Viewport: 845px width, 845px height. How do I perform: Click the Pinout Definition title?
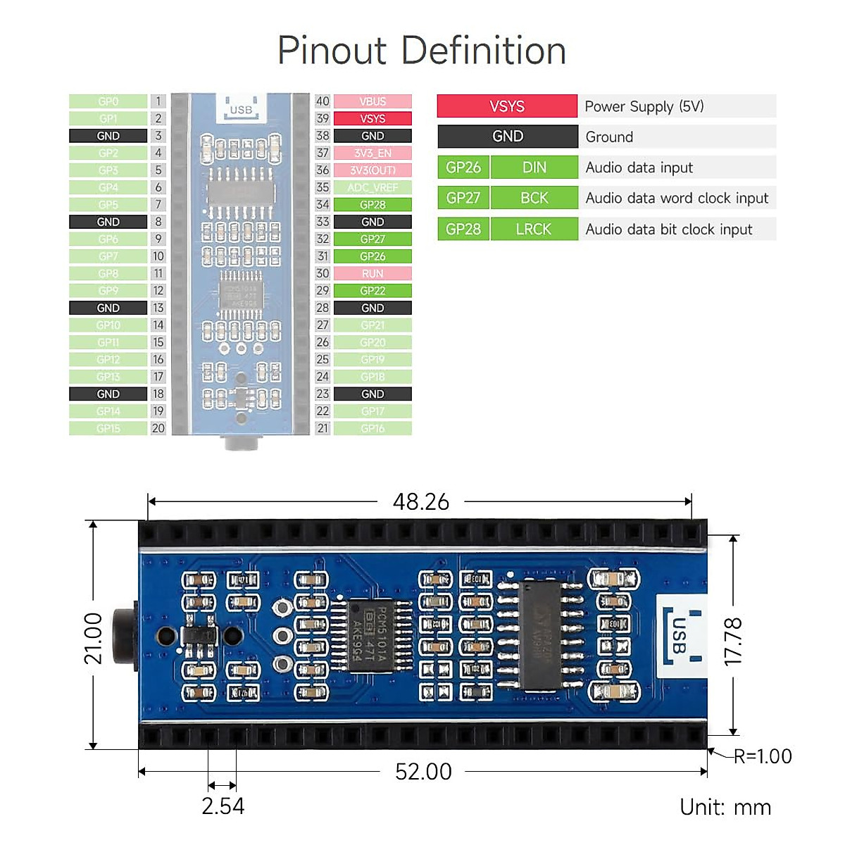(x=422, y=51)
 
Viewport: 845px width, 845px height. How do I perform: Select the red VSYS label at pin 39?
(x=373, y=118)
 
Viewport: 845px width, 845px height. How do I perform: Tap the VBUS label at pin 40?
(x=373, y=101)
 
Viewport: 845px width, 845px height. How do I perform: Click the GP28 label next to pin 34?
(x=373, y=205)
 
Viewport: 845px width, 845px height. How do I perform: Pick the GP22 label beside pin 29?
(x=373, y=291)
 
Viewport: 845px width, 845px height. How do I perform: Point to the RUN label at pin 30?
(x=373, y=273)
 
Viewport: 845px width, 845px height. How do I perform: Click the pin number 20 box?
(x=158, y=428)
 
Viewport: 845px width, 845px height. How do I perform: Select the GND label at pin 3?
(x=108, y=136)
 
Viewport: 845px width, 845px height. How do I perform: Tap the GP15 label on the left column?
(x=108, y=428)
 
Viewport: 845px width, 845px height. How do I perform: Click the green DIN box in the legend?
(x=534, y=168)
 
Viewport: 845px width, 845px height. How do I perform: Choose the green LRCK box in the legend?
(x=534, y=229)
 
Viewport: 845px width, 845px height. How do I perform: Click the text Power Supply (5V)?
(x=644, y=106)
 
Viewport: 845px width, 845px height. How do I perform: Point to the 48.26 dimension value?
(x=420, y=501)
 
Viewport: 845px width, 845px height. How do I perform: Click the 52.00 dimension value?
(x=423, y=772)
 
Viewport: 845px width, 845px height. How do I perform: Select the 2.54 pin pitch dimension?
(x=223, y=806)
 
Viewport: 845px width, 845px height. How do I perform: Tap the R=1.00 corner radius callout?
(x=763, y=756)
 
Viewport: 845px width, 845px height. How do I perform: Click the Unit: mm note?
(x=725, y=807)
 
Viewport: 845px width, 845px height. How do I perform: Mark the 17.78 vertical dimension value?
(x=733, y=641)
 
